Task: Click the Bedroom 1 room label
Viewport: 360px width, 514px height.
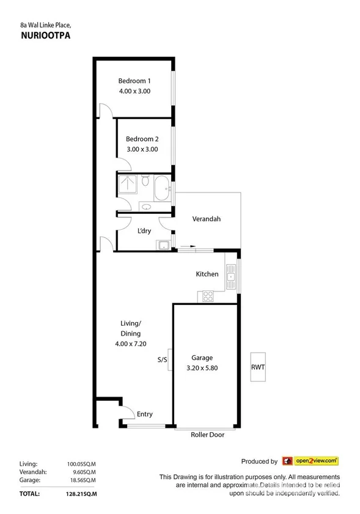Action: point(134,81)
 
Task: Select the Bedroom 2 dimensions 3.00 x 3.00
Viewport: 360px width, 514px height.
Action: point(142,149)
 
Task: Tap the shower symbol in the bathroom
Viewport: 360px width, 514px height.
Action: point(128,183)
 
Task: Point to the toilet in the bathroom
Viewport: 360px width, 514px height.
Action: point(145,181)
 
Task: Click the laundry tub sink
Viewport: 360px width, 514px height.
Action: point(163,245)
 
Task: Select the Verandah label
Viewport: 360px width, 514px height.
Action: point(206,219)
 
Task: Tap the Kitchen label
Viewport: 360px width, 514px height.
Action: point(207,274)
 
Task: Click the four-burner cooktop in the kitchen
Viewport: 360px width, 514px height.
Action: point(207,296)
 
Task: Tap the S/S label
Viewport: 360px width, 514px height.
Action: point(162,360)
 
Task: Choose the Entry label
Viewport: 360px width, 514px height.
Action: point(144,414)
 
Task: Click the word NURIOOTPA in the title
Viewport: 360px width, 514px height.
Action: point(38,35)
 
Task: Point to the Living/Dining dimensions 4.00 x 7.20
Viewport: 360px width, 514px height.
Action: point(131,343)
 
